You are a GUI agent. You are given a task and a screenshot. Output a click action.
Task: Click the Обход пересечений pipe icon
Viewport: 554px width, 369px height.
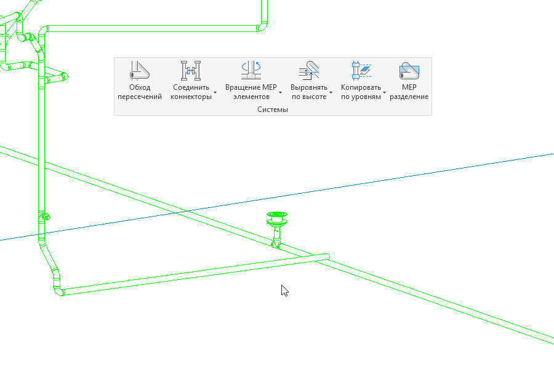point(140,71)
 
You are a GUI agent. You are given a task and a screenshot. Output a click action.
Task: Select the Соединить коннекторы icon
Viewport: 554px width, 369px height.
point(190,71)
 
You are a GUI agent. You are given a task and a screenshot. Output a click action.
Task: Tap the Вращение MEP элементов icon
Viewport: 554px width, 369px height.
point(251,71)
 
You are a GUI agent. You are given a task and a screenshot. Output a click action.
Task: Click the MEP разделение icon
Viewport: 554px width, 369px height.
point(409,71)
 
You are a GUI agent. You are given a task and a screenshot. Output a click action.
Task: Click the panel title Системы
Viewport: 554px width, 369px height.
point(273,109)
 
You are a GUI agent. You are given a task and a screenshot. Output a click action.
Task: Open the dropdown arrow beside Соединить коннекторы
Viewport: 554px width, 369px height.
point(215,93)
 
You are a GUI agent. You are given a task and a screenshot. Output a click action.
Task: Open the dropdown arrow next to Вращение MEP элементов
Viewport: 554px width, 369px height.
point(280,93)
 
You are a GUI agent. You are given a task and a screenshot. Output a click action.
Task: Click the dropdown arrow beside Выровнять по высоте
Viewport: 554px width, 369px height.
point(331,93)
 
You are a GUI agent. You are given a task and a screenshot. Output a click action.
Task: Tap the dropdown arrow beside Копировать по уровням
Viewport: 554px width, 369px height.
point(385,93)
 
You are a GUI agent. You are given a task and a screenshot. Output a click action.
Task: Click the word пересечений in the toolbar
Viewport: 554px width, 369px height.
point(140,97)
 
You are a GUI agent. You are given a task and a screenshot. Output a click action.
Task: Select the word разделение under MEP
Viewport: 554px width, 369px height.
point(409,97)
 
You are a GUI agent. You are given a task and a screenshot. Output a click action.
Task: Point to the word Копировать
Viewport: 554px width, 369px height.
point(361,87)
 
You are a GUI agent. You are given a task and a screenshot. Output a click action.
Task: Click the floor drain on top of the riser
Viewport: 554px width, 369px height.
point(277,217)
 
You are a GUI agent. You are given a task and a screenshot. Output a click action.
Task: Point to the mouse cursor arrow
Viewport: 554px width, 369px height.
point(284,290)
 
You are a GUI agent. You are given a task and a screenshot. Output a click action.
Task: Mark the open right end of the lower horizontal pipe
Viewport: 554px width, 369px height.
point(326,256)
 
